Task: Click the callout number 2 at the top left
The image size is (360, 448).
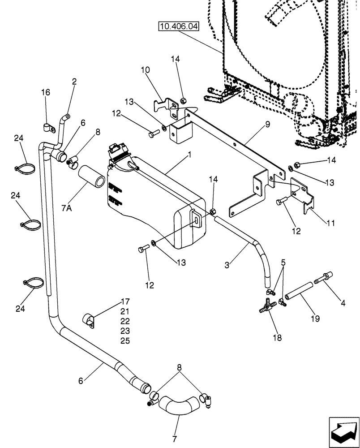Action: tap(74, 82)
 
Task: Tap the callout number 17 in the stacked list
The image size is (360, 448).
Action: tap(124, 301)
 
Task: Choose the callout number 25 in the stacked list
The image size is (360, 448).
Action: tap(124, 341)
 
